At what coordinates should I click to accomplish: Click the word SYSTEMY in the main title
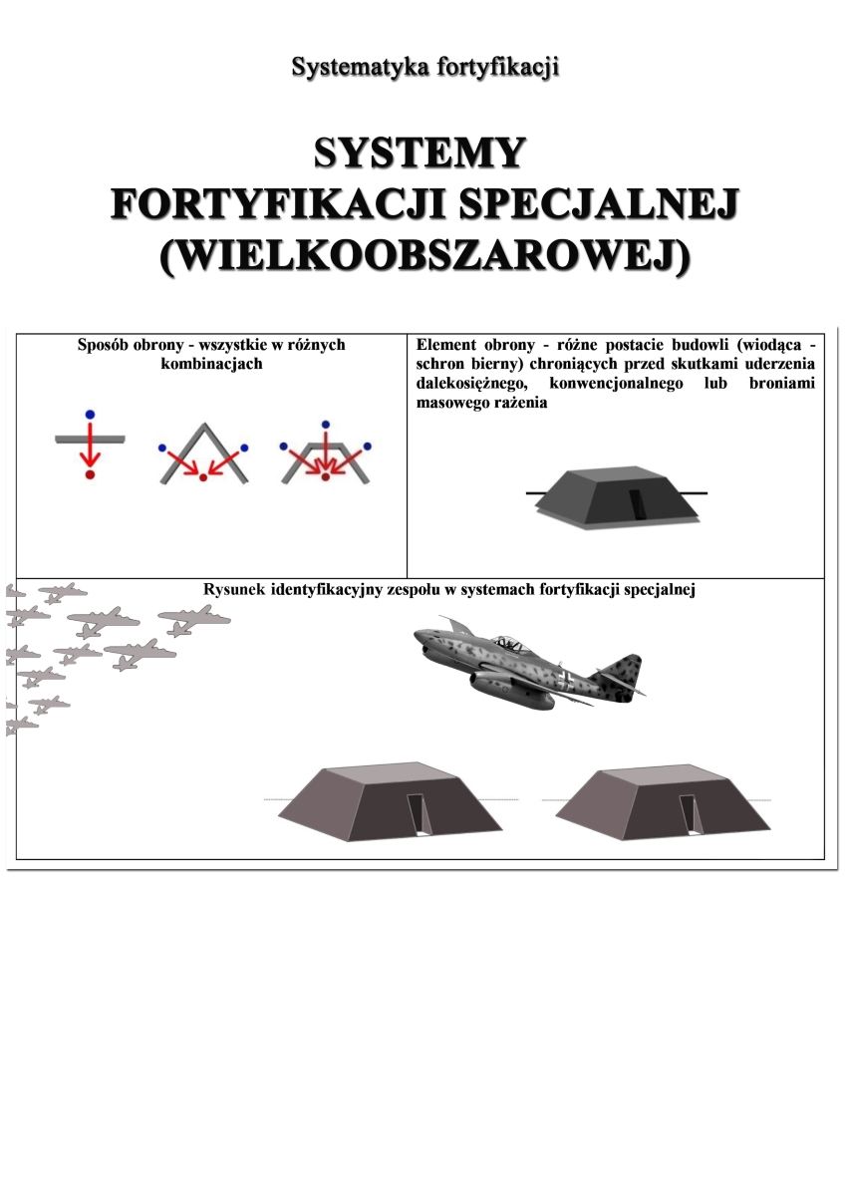(x=420, y=153)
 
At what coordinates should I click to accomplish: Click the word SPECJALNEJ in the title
(x=599, y=205)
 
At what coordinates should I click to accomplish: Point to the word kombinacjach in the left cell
(x=211, y=364)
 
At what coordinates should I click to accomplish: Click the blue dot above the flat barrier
(x=90, y=415)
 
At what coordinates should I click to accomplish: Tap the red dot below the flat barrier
(x=90, y=474)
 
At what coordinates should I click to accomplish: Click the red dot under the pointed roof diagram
(x=203, y=477)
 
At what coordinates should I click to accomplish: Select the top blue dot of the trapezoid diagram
(x=325, y=425)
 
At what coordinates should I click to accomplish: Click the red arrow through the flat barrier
(x=90, y=445)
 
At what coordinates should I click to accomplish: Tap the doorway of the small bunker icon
(x=638, y=504)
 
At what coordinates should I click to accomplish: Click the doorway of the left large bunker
(x=420, y=813)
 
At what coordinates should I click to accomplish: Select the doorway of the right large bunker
(x=690, y=813)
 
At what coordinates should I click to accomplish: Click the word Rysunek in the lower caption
(x=235, y=590)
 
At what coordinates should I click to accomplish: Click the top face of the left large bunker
(x=388, y=775)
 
